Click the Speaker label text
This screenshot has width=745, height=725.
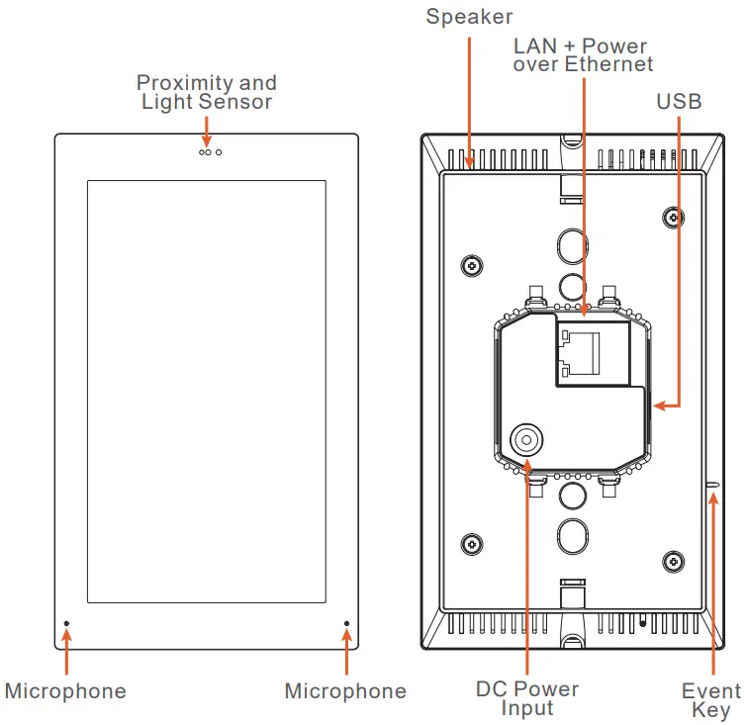[x=469, y=17]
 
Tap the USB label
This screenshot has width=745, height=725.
[x=679, y=102]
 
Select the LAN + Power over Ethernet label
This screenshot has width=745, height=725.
[x=583, y=55]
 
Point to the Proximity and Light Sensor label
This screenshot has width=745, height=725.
[x=207, y=92]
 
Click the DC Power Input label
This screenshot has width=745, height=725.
[x=526, y=698]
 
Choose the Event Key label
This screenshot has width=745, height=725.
[x=710, y=700]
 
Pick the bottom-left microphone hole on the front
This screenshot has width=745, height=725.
[x=66, y=624]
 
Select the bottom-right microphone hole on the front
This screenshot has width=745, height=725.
[x=346, y=624]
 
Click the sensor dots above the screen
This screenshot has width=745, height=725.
[x=209, y=152]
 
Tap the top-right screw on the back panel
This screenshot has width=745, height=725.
[x=674, y=216]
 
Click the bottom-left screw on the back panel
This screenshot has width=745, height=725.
[x=473, y=545]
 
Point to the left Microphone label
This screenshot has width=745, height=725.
[x=65, y=691]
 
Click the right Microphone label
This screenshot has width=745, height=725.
[x=345, y=691]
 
